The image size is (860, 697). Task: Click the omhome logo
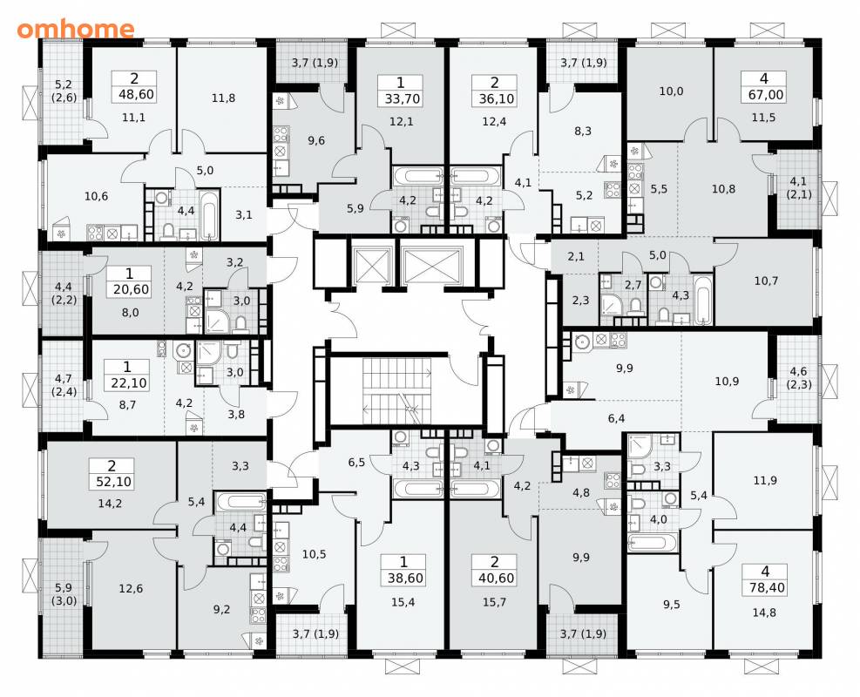click(x=76, y=29)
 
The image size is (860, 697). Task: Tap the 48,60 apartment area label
click(x=134, y=94)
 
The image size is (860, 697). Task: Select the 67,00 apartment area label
click(x=766, y=95)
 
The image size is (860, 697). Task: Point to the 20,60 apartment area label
click(x=131, y=289)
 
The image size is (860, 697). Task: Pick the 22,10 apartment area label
click(x=129, y=382)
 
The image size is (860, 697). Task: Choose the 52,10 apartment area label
click(x=112, y=482)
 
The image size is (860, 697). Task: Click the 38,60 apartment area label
click(x=403, y=578)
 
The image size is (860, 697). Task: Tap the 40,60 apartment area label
click(x=495, y=578)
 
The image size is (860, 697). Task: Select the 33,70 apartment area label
click(x=401, y=99)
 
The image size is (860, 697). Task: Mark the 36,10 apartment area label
click(x=494, y=99)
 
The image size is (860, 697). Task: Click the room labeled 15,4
click(x=403, y=602)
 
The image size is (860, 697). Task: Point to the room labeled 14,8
click(x=764, y=612)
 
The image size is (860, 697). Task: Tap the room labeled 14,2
click(x=110, y=504)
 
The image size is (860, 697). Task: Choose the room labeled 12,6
click(x=131, y=588)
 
